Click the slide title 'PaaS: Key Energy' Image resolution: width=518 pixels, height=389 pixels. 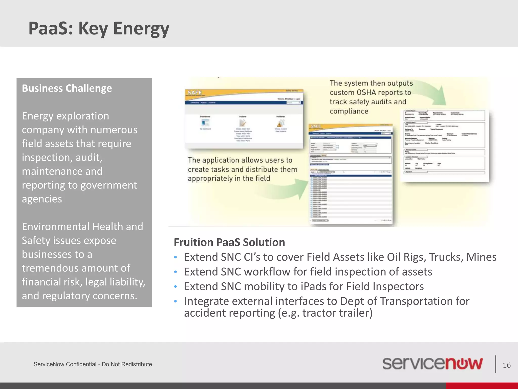click(x=99, y=28)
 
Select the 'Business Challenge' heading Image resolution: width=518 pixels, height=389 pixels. click(x=67, y=88)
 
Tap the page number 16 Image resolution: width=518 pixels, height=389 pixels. click(x=506, y=365)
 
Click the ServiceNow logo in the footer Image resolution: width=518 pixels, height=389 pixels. click(x=432, y=364)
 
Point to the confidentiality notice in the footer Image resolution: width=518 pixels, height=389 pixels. click(x=93, y=364)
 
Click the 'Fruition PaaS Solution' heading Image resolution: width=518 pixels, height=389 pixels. click(x=229, y=242)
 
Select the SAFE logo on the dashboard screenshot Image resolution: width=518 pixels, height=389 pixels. click(x=195, y=92)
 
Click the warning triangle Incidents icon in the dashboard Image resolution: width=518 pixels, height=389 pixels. click(x=280, y=123)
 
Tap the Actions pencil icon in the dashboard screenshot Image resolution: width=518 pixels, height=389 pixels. click(x=243, y=123)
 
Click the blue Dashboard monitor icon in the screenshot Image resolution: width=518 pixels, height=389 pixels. click(x=205, y=123)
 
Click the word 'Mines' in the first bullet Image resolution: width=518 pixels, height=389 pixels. click(x=481, y=257)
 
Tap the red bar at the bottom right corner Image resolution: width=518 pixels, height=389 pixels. click(x=482, y=385)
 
